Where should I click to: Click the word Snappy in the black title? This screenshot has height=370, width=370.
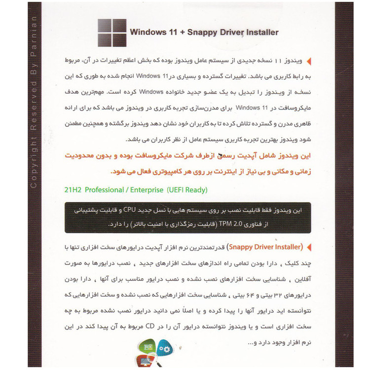[198, 33]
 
